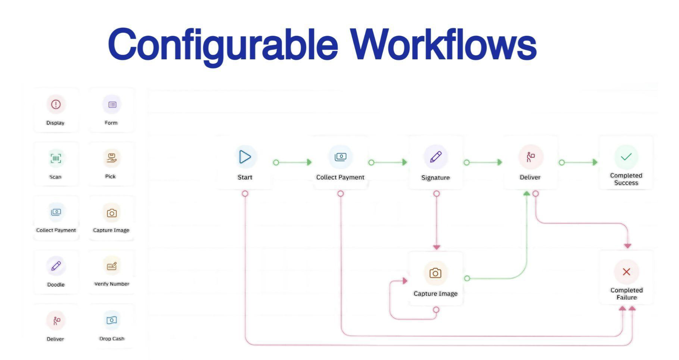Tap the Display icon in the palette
(x=56, y=104)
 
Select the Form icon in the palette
(x=112, y=105)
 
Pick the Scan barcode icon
(x=56, y=158)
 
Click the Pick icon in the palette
(x=111, y=158)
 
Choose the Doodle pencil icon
(x=56, y=266)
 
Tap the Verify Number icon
(x=112, y=266)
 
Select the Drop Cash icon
(x=112, y=320)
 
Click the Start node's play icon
(x=245, y=157)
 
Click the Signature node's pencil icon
(x=435, y=157)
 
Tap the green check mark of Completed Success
(x=626, y=157)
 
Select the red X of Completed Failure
(x=626, y=272)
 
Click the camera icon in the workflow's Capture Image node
(x=435, y=273)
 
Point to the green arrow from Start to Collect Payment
(x=294, y=162)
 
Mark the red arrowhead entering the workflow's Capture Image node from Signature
(x=437, y=247)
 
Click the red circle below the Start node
(x=245, y=193)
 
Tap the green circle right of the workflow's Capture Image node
(x=467, y=278)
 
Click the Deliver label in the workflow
(x=530, y=177)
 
